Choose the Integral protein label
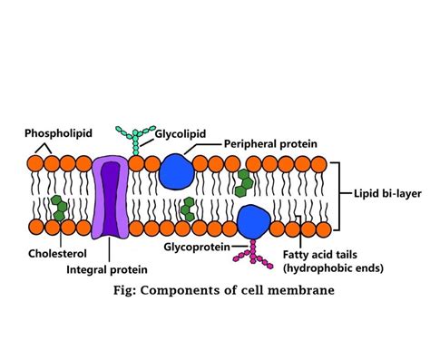tap(107, 268)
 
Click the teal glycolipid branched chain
tap(133, 138)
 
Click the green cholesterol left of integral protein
tap(59, 207)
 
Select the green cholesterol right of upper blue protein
tap(243, 182)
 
